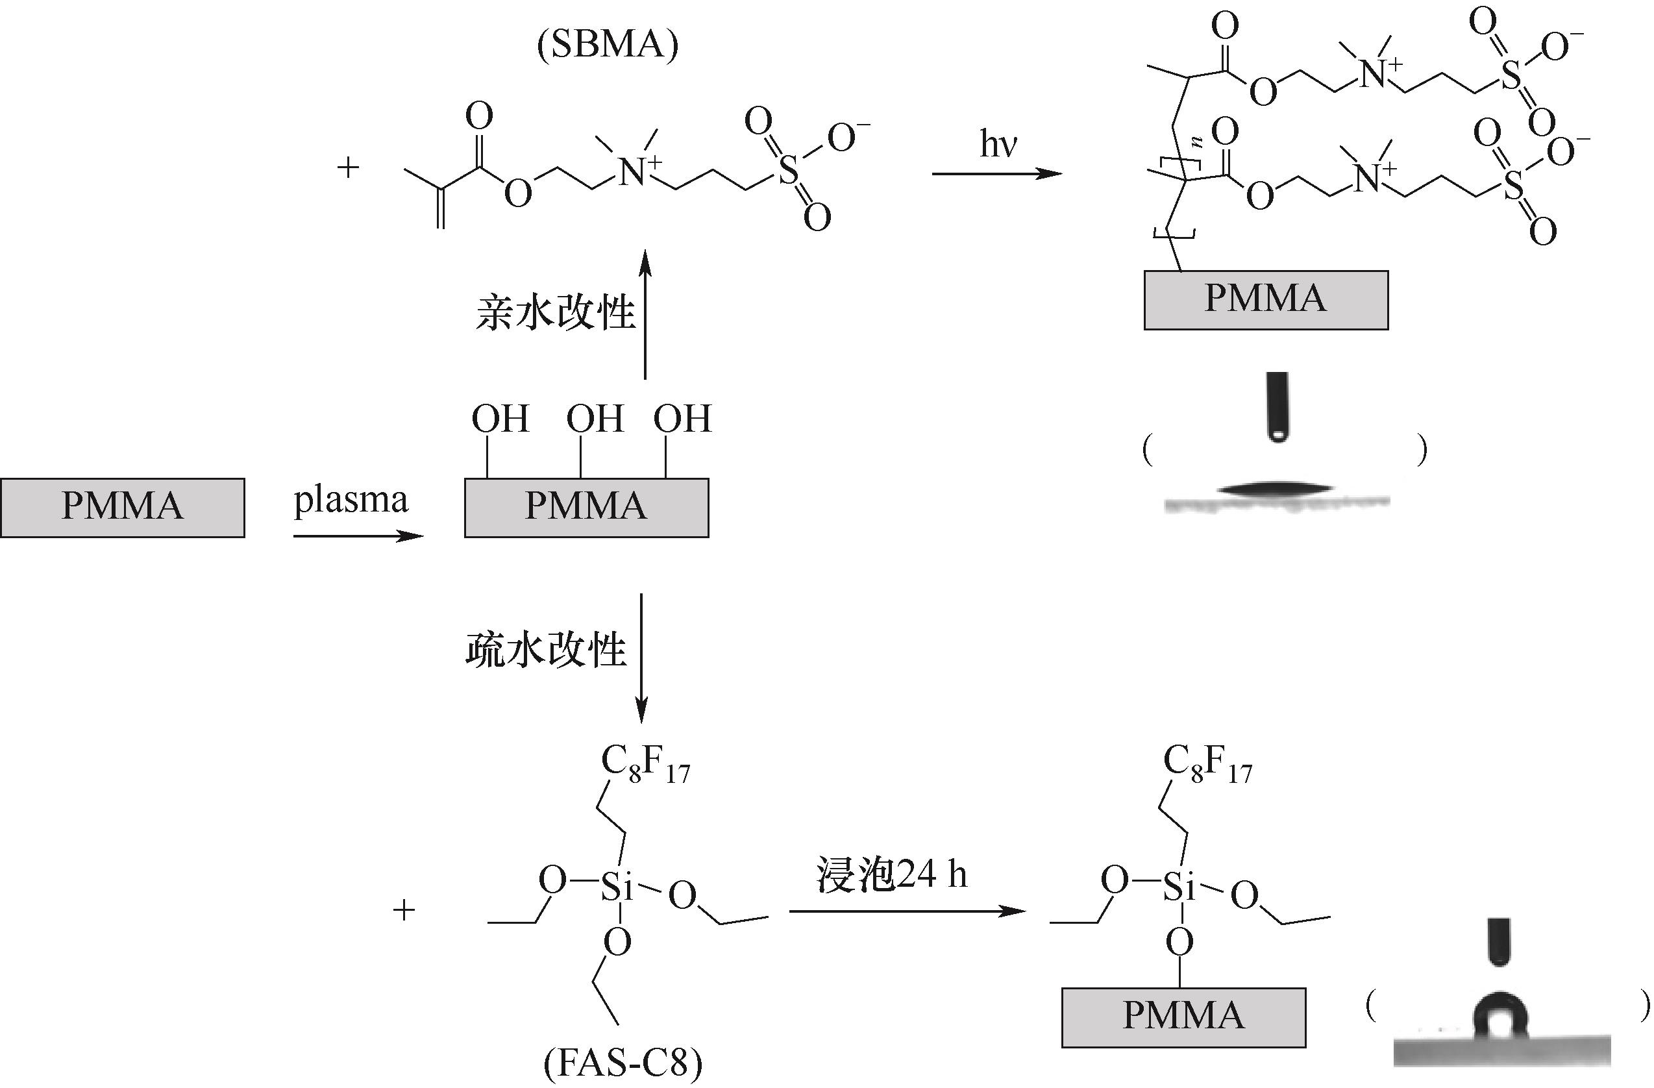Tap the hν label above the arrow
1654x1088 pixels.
[998, 144]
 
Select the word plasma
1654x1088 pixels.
[351, 500]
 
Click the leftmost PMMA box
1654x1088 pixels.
[122, 508]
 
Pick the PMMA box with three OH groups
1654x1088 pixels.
[587, 508]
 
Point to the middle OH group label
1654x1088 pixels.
[594, 419]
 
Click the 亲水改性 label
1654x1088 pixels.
[555, 313]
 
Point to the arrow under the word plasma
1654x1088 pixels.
[358, 536]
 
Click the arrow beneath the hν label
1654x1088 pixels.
[997, 173]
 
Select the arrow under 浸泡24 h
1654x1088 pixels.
[907, 911]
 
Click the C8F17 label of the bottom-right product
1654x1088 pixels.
[1207, 765]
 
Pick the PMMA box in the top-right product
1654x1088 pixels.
[1266, 300]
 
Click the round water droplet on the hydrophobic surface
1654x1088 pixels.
[1500, 1018]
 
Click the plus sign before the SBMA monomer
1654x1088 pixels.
[347, 167]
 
